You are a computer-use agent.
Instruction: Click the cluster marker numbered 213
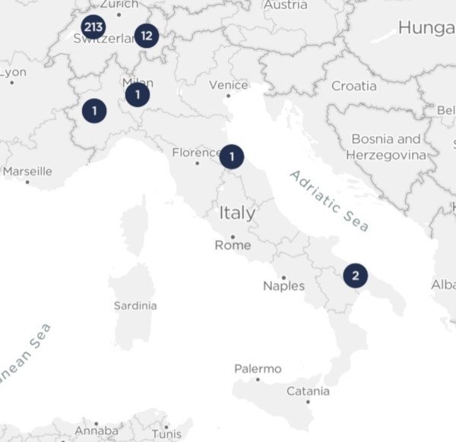[93, 28]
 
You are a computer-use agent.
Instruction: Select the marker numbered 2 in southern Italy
[355, 275]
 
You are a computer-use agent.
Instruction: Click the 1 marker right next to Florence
[232, 157]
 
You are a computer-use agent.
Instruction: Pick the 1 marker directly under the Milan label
[138, 95]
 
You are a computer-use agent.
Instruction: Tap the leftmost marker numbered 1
[94, 111]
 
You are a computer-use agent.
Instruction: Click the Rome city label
[233, 245]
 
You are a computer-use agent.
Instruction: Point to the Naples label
[283, 286]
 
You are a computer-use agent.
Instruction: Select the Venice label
[228, 85]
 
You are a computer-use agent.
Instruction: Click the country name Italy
[237, 213]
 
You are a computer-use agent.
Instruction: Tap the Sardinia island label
[135, 305]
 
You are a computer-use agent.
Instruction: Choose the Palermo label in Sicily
[258, 369]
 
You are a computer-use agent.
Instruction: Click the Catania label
[308, 391]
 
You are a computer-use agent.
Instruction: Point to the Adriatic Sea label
[328, 200]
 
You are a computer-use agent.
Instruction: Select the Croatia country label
[353, 86]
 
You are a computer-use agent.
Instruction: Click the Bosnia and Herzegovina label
[385, 147]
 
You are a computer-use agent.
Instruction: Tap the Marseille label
[27, 171]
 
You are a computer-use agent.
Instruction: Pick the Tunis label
[166, 434]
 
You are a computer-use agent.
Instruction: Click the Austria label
[285, 5]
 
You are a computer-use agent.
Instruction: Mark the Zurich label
[119, 5]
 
